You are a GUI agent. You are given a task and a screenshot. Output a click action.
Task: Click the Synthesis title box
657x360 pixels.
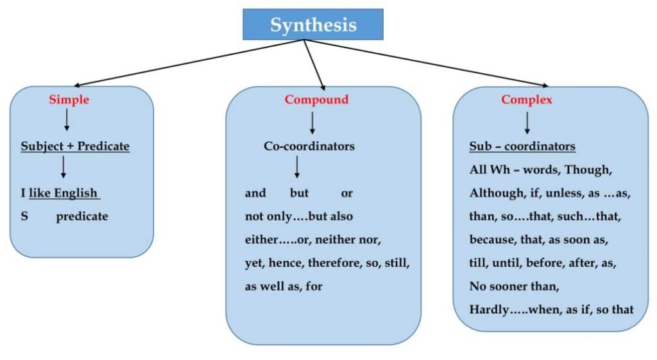pyautogui.click(x=312, y=24)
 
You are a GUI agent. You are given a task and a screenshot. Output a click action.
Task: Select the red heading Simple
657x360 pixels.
pyautogui.click(x=69, y=99)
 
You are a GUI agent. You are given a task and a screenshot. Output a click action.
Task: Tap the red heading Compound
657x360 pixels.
pyautogui.click(x=316, y=99)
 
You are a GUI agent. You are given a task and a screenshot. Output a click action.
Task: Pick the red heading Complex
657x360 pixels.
pyautogui.click(x=526, y=99)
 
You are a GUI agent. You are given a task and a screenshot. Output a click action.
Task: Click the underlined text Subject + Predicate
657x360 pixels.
pyautogui.click(x=75, y=146)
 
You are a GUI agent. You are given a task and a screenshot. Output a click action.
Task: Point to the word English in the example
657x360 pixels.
pyautogui.click(x=76, y=193)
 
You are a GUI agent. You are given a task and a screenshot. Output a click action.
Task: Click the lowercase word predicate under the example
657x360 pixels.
pyautogui.click(x=81, y=216)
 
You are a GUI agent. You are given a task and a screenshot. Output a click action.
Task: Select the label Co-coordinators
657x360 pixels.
pyautogui.click(x=309, y=146)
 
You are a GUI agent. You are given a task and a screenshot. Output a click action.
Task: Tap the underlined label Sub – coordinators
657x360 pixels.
pyautogui.click(x=522, y=146)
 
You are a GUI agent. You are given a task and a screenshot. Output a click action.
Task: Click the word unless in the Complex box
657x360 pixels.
pyautogui.click(x=565, y=193)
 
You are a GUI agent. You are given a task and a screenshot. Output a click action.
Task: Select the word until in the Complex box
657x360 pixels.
pyautogui.click(x=515, y=263)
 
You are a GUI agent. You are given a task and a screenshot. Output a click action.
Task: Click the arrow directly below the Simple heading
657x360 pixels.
pyautogui.click(x=67, y=119)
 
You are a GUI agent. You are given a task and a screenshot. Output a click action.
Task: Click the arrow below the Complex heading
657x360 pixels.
pyautogui.click(x=527, y=121)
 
